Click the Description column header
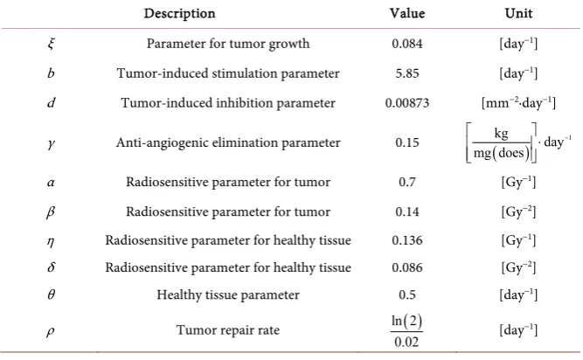tap(179, 14)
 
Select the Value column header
tap(407, 13)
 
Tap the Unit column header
tap(518, 13)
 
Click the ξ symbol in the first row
tap(52, 44)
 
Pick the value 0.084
tap(407, 44)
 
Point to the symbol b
tap(51, 73)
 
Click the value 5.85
tap(407, 73)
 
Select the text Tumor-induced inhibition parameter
tap(228, 103)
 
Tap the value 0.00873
tap(407, 103)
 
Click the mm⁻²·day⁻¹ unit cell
tap(518, 103)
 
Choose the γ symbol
tap(52, 143)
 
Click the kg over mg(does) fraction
tap(501, 142)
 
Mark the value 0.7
tap(407, 182)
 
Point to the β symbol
tap(51, 212)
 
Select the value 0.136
tap(407, 240)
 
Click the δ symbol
tap(52, 267)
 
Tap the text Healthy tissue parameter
tap(228, 295)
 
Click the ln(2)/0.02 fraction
tap(406, 330)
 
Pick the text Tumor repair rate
tap(228, 330)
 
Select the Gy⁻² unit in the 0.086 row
tap(518, 267)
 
